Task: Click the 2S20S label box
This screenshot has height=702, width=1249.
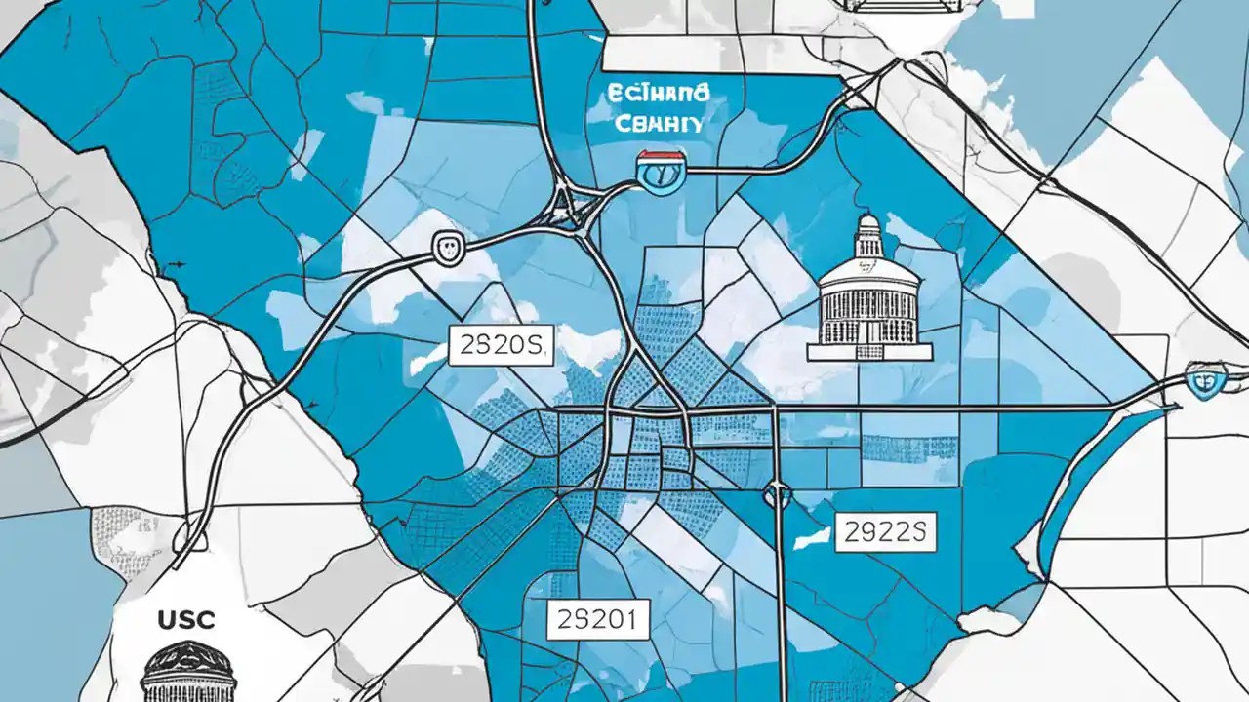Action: [x=501, y=346]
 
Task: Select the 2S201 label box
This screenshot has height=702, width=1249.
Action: [x=596, y=618]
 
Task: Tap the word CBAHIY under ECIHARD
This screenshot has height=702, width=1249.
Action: [x=658, y=124]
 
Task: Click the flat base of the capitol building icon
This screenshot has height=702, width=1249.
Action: [x=869, y=350]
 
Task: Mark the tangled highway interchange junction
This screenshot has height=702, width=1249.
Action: [x=571, y=206]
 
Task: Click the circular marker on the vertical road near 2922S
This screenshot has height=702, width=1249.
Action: [x=778, y=495]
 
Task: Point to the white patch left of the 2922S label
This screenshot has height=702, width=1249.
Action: [x=814, y=535]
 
